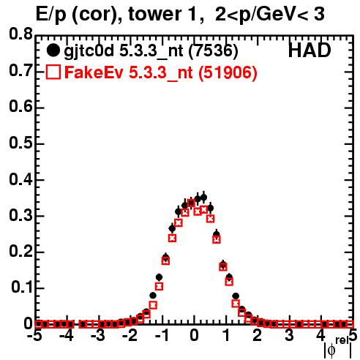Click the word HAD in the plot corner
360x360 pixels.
[x=310, y=50]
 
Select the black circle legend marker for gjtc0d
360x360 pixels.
[x=53, y=50]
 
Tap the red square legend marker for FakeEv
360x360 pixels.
[x=53, y=72]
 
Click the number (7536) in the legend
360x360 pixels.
[x=214, y=50]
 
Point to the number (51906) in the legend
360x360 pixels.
[x=228, y=72]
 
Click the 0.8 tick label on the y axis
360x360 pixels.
[x=20, y=34]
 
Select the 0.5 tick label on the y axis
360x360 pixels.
[x=20, y=143]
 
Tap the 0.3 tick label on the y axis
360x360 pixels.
[x=20, y=216]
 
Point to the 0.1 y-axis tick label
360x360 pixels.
[x=22, y=288]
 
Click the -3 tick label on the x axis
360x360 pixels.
[x=98, y=335]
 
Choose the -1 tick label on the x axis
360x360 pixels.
[x=162, y=335]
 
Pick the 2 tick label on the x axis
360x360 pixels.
[x=258, y=335]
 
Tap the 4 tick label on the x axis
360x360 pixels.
[x=320, y=335]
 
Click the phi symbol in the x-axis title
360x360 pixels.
[x=331, y=350]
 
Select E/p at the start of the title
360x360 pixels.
[x=51, y=15]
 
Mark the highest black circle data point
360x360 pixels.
[x=203, y=198]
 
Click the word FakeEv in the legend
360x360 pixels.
[x=94, y=72]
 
